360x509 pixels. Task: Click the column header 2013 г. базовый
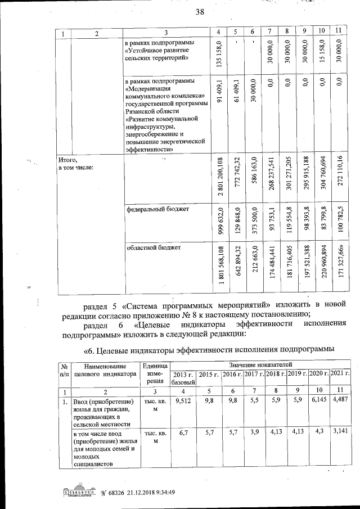pos(183,378)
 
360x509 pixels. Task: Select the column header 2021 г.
pos(339,373)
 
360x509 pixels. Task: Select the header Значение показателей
pos(259,364)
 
